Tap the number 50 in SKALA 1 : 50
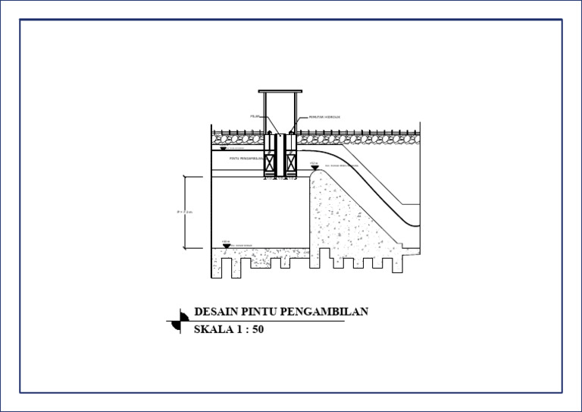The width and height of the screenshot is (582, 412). (258, 329)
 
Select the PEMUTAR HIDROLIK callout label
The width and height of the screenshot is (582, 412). (324, 117)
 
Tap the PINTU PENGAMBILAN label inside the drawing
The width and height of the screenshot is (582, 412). (246, 159)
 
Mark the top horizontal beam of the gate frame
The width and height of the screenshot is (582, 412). (280, 92)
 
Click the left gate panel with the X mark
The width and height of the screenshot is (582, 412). (268, 164)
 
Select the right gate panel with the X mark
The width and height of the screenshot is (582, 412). (291, 164)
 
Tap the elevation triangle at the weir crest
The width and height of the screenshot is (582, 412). (314, 167)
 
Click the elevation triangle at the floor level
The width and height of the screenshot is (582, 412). (226, 246)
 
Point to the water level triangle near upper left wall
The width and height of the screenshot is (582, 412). (223, 149)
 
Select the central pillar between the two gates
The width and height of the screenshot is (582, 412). (280, 156)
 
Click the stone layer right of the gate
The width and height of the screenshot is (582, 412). (356, 139)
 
